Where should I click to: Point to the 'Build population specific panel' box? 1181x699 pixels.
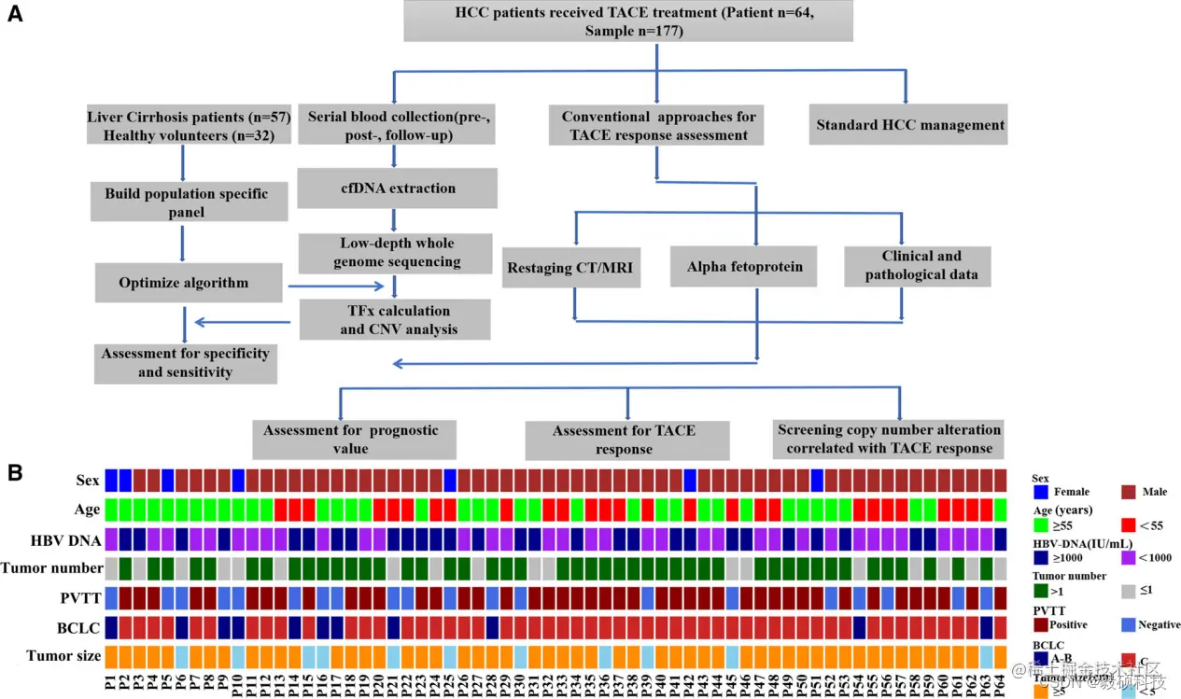tap(186, 203)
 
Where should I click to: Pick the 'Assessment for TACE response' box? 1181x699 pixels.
tap(624, 440)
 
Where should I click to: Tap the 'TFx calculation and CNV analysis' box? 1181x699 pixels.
tap(394, 319)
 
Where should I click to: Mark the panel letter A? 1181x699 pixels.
tap(16, 16)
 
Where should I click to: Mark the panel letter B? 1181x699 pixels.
tap(16, 473)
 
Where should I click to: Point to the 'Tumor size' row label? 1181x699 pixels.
tap(63, 656)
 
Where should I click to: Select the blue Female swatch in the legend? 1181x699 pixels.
tap(1040, 491)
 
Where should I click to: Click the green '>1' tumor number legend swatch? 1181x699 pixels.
tap(1040, 592)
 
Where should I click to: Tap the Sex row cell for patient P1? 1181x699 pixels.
tap(111, 480)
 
